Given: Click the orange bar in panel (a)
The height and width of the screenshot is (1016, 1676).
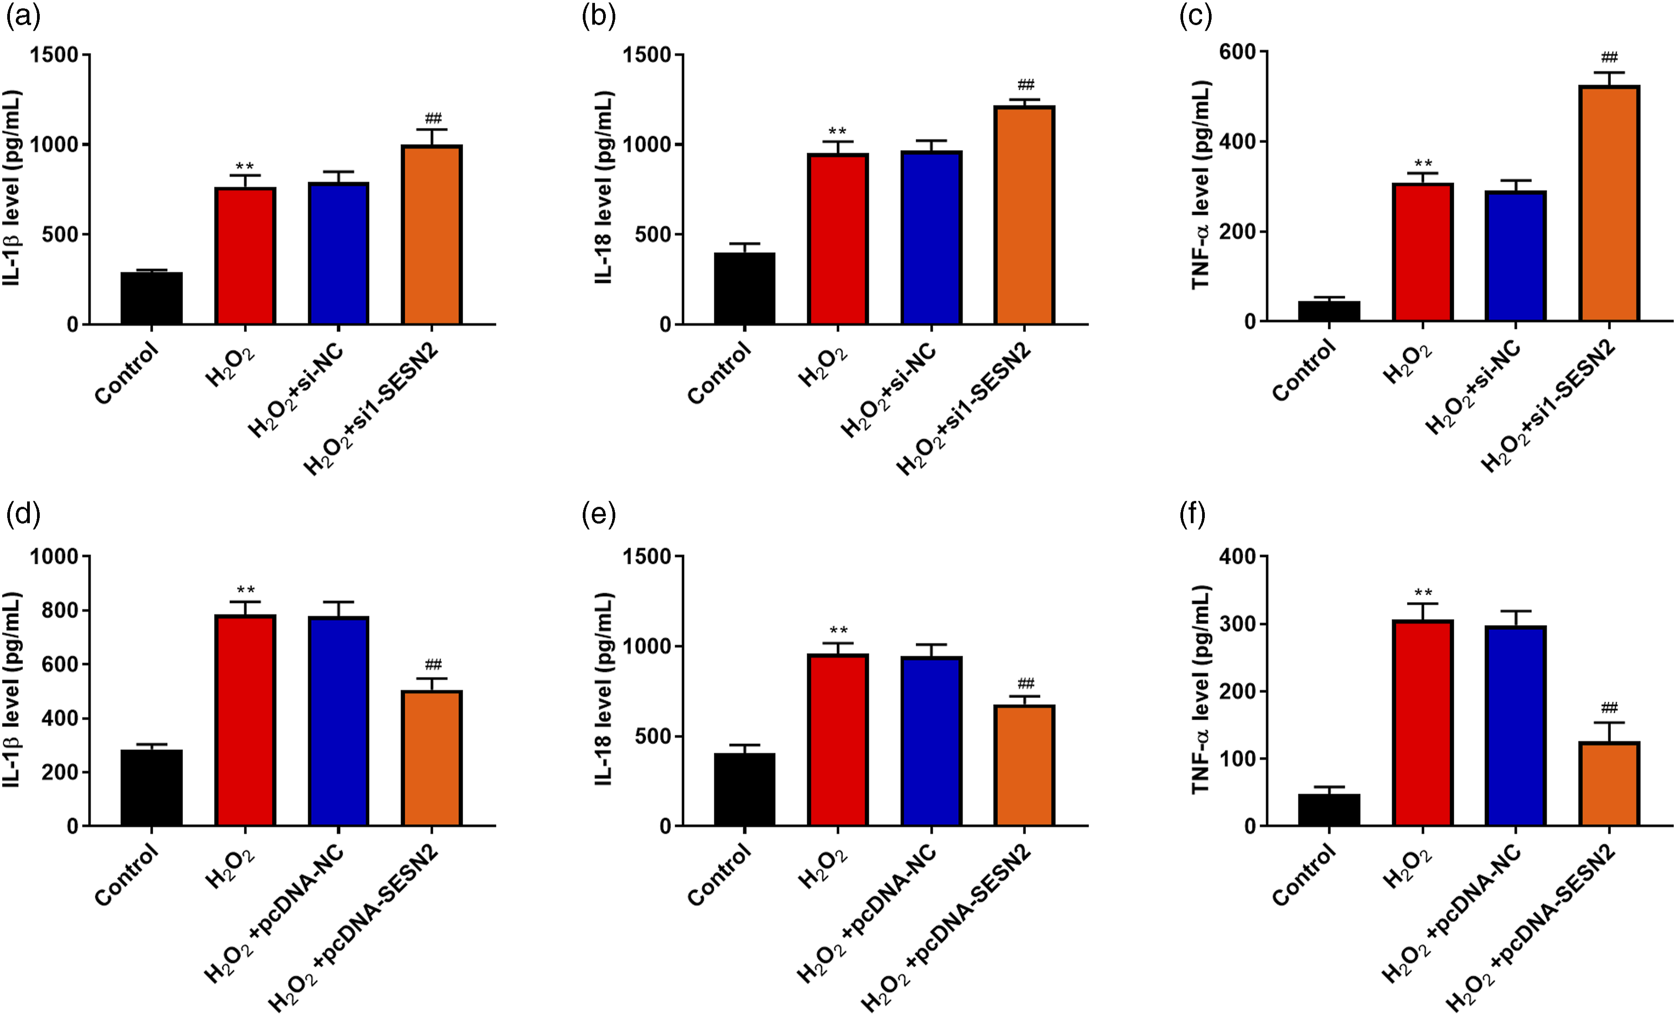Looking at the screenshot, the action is pyautogui.click(x=432, y=235).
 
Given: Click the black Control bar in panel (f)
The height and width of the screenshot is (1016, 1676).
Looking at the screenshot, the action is pyautogui.click(x=1329, y=810).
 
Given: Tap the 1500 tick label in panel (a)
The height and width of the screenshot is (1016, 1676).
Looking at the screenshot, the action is pyautogui.click(x=54, y=54).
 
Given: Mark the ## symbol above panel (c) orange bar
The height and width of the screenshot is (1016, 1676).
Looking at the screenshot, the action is pyautogui.click(x=1609, y=57).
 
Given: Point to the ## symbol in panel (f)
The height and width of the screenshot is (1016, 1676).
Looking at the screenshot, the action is pyautogui.click(x=1609, y=707).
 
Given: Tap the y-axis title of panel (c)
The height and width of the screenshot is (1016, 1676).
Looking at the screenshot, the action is pyautogui.click(x=1203, y=185).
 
